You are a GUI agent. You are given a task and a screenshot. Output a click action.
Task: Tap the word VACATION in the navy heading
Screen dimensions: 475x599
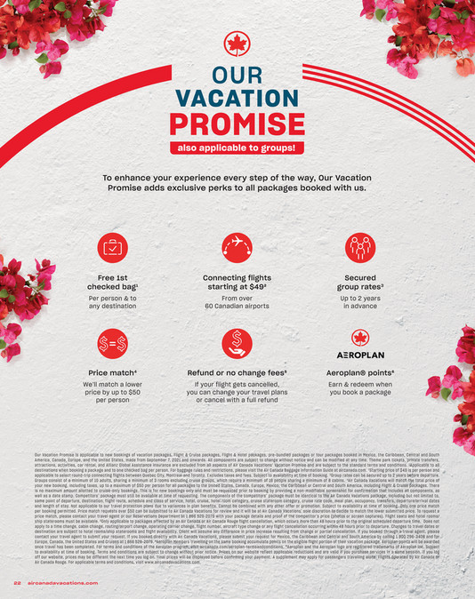pyautogui.click(x=237, y=97)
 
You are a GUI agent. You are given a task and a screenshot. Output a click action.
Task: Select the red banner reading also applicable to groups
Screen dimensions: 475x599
pyautogui.click(x=237, y=148)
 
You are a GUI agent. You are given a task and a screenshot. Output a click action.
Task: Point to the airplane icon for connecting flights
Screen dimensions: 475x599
pyautogui.click(x=237, y=246)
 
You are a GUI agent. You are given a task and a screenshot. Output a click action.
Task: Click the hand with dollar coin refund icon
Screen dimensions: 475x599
pyautogui.click(x=237, y=340)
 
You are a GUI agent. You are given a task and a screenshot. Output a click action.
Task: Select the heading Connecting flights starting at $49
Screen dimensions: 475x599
pyautogui.click(x=237, y=284)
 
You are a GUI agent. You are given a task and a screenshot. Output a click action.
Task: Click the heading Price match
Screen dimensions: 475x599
pyautogui.click(x=112, y=373)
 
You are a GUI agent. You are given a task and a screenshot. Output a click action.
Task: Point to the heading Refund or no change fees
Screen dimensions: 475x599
pyautogui.click(x=237, y=373)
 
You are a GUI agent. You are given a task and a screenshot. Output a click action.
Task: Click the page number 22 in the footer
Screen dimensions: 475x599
pyautogui.click(x=17, y=583)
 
